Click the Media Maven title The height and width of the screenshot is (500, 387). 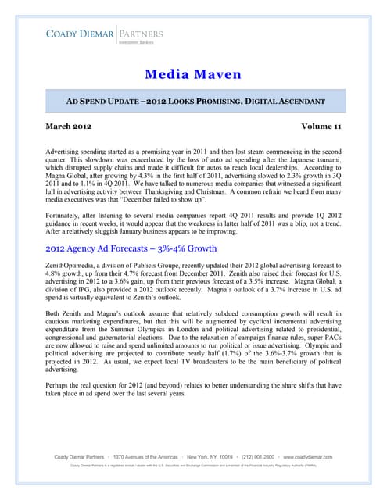(x=193, y=75)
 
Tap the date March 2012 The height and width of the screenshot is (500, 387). (x=68, y=126)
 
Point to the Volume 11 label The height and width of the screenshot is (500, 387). (x=324, y=126)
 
